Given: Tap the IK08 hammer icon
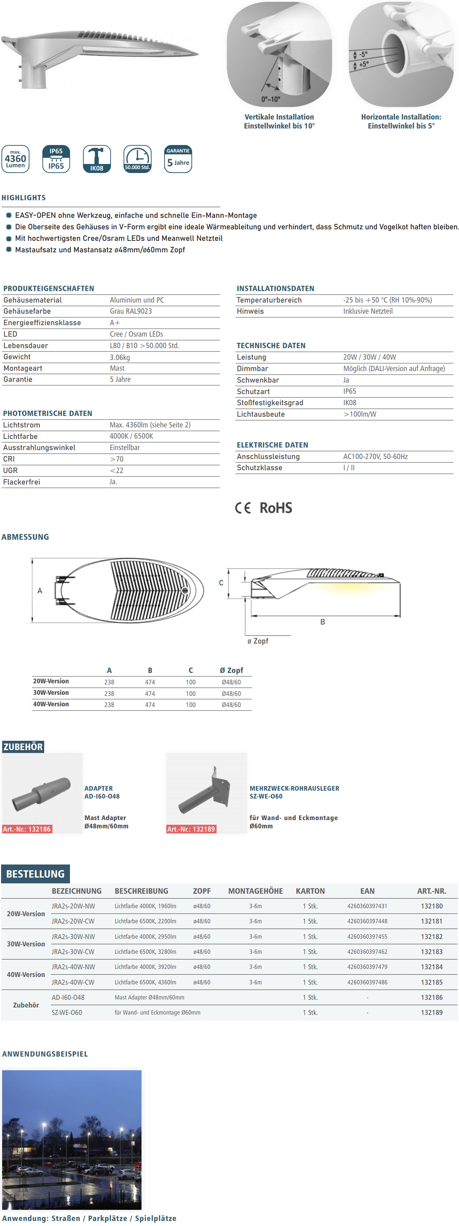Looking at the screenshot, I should (x=97, y=159).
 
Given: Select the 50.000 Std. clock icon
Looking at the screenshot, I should (x=138, y=159).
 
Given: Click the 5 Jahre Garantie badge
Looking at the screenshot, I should (x=178, y=159).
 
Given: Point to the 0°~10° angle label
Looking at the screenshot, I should (x=270, y=99).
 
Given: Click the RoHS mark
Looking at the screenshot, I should (x=276, y=508).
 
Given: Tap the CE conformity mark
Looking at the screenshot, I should (x=243, y=508).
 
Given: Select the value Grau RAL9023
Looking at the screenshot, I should (x=131, y=311).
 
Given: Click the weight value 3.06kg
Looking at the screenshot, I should (x=120, y=357).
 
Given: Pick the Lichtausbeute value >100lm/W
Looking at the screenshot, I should (x=360, y=414).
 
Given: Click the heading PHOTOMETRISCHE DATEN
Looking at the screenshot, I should (x=48, y=413).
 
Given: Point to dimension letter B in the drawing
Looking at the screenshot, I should (x=323, y=622).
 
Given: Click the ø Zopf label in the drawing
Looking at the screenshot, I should (x=258, y=641).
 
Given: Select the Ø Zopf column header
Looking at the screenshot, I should (x=231, y=670).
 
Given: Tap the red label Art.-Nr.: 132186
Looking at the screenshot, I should (x=27, y=829).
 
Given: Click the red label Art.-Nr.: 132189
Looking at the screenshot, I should (x=191, y=829).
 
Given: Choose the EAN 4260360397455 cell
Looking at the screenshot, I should (x=367, y=937).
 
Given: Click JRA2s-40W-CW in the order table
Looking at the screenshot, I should (x=73, y=982).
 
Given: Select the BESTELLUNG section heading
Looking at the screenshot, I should (x=35, y=874).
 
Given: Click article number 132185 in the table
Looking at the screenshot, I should (x=431, y=982).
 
